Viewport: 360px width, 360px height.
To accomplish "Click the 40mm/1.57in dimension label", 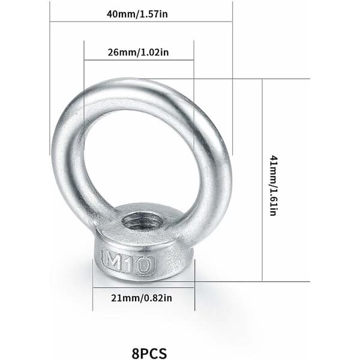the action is click(137, 14).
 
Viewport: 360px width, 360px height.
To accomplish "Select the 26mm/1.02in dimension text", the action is click(138, 52).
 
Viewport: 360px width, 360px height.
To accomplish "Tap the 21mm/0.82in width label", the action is click(142, 298).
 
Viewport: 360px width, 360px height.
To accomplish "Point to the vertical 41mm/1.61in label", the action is click(273, 186).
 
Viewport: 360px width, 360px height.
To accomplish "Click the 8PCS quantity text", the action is click(149, 353).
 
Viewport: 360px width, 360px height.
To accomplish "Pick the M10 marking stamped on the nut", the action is click(128, 261).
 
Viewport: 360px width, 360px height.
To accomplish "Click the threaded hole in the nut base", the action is click(144, 221).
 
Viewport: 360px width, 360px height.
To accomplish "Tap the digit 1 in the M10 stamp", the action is click(129, 262).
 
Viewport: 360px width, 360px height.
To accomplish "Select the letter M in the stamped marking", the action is click(113, 259).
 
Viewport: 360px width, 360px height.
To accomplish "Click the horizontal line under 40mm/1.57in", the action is click(141, 22).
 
